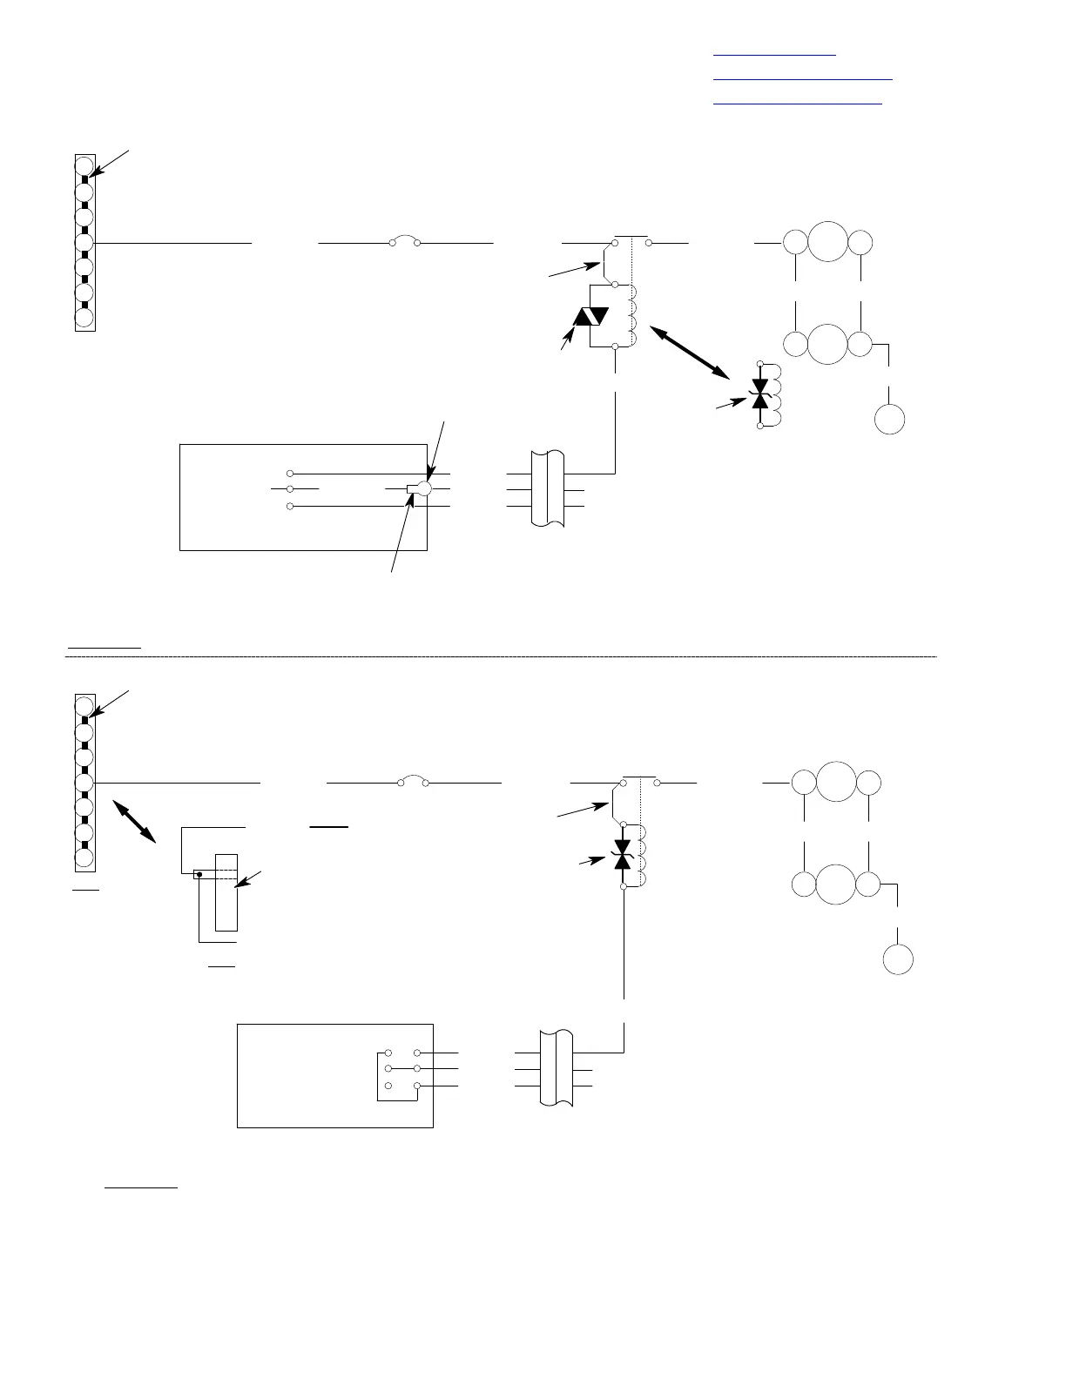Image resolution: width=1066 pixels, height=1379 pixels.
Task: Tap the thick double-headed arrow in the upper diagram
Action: [x=691, y=351]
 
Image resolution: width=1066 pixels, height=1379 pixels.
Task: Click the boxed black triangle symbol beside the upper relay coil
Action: [x=590, y=317]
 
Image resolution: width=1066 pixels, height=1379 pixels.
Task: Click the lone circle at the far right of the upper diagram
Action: [x=890, y=419]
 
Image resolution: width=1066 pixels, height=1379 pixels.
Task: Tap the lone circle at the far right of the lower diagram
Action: [x=898, y=960]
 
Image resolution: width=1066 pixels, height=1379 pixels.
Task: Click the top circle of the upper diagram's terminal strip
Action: [x=84, y=165]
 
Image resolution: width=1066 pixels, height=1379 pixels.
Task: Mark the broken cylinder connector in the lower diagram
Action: [x=557, y=1067]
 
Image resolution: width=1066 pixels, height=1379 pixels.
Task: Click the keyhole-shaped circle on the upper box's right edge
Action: [x=424, y=489]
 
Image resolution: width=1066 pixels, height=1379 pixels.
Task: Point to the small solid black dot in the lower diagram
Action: [x=199, y=874]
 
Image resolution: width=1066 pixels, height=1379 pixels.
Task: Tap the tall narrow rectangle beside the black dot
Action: [x=226, y=891]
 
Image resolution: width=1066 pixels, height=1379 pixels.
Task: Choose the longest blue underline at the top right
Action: [x=803, y=79]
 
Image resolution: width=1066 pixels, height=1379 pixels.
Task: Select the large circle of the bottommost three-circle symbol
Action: [x=835, y=885]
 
